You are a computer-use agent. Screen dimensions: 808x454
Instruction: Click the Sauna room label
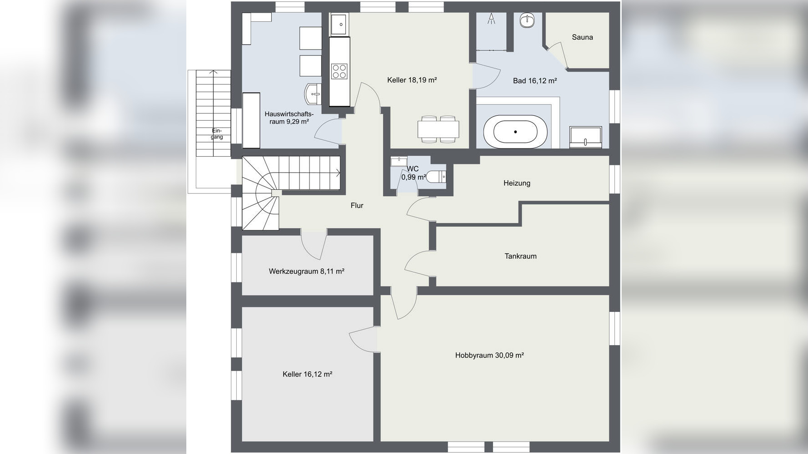point(582,37)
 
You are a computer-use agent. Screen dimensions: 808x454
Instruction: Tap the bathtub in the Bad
point(515,132)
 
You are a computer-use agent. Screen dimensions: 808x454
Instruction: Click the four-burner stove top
point(339,71)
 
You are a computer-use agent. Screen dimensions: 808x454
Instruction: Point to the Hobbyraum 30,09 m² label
point(489,355)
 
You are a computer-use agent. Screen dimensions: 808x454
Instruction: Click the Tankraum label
point(520,256)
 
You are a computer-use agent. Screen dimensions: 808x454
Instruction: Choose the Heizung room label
point(517,183)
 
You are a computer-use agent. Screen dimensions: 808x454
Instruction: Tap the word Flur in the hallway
point(357,206)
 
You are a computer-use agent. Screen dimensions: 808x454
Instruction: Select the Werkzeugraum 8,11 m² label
point(306,271)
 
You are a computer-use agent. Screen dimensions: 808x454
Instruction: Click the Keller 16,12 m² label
point(307,374)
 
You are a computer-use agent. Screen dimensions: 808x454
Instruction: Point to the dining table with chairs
point(438,129)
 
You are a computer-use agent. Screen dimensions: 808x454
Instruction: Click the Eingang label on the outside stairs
point(217,134)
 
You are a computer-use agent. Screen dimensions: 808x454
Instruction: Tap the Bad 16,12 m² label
point(535,81)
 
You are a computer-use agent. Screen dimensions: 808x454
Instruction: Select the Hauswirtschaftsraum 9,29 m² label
point(289,118)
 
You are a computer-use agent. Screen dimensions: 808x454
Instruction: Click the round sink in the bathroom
point(527,20)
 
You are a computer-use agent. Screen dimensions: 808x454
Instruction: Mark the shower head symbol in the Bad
point(491,19)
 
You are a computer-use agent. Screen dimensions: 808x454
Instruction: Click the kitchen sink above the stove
point(339,24)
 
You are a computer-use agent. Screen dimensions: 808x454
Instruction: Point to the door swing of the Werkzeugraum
point(314,245)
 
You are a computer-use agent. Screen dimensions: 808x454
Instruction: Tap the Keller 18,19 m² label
point(412,80)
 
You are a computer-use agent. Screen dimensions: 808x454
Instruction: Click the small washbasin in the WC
point(399,161)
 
